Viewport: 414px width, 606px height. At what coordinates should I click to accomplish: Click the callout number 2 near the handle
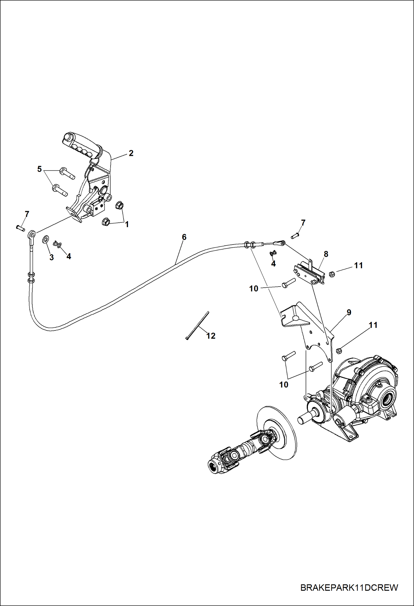point(131,153)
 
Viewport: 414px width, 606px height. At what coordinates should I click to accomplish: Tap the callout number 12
point(211,336)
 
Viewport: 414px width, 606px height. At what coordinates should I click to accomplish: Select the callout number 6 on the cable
point(184,237)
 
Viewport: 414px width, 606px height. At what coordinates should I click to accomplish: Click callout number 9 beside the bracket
point(349,313)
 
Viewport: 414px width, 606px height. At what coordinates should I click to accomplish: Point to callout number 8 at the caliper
point(326,254)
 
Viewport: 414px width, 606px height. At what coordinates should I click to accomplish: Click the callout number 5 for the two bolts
point(40,169)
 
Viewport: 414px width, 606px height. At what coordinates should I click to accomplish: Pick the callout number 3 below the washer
point(51,257)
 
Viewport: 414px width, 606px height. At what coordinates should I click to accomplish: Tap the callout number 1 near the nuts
point(127,224)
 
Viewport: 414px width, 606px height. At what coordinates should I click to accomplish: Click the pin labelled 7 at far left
point(20,228)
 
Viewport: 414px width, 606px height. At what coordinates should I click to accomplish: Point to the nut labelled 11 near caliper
point(332,274)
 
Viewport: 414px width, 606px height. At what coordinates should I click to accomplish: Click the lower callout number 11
point(373,325)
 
